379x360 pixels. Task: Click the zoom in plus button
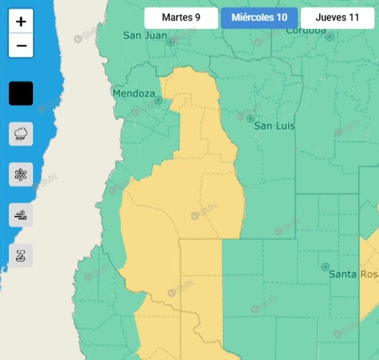21,21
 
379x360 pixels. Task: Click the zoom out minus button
21,46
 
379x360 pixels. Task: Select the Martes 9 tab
181,18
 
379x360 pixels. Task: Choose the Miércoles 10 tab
259,18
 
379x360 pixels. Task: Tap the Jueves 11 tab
337,18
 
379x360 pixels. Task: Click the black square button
21,93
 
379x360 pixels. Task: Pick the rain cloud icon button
21,134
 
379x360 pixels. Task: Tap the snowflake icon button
21,174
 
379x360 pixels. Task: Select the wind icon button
21,215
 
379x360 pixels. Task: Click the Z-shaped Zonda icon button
21,256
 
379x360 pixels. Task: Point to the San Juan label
145,35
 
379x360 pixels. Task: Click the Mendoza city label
134,93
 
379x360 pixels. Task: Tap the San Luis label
274,126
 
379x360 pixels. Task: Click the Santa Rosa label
353,274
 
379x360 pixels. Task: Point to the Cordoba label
305,31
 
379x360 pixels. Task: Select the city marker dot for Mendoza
158,100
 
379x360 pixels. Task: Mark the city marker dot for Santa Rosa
326,267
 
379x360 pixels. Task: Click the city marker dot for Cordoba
330,36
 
